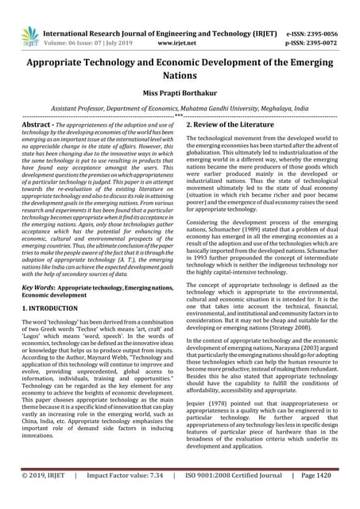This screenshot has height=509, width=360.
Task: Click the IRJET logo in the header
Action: pyautogui.click(x=30, y=34)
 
